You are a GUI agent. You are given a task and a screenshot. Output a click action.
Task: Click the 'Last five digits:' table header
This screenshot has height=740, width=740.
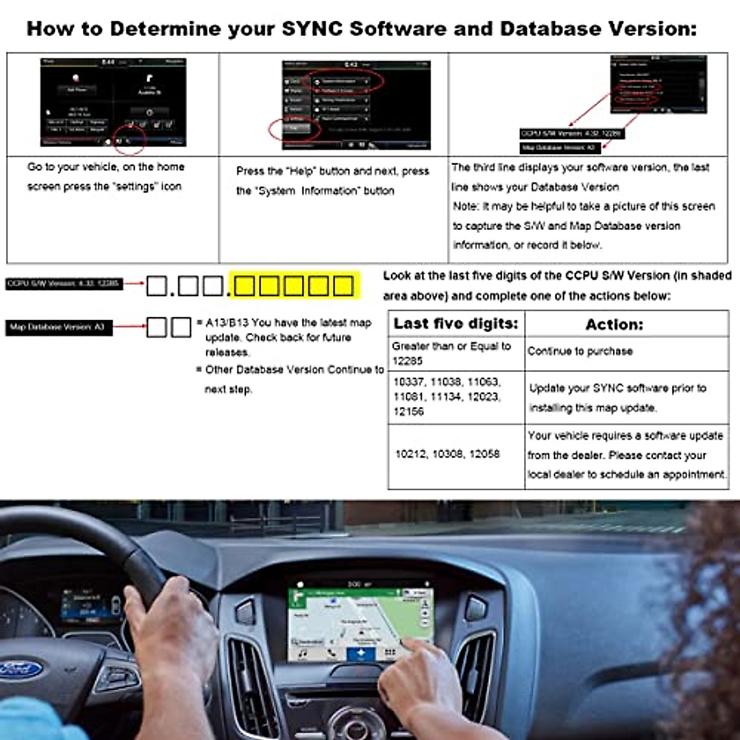pos(456,324)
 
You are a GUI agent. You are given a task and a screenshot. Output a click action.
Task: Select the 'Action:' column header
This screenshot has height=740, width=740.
pos(614,324)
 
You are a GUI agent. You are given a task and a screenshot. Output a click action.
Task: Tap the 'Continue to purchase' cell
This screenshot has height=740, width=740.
pos(580,351)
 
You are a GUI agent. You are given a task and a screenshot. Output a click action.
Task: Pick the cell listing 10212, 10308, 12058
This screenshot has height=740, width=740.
pos(447,454)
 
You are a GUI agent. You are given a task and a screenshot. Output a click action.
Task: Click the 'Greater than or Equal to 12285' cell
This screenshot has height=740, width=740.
pos(451,353)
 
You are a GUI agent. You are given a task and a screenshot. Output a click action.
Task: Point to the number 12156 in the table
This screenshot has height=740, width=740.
pos(408,412)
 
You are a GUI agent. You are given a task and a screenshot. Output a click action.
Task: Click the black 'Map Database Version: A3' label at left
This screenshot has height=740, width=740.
pos(58,327)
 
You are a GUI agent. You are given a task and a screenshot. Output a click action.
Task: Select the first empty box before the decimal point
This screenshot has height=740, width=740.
pos(157,286)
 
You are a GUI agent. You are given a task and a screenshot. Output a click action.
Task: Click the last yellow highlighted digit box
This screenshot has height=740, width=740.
pos(343,286)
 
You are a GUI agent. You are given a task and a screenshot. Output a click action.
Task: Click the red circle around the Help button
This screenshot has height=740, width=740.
pos(295,129)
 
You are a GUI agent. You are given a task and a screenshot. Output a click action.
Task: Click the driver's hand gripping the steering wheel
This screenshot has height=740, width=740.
pos(166,623)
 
